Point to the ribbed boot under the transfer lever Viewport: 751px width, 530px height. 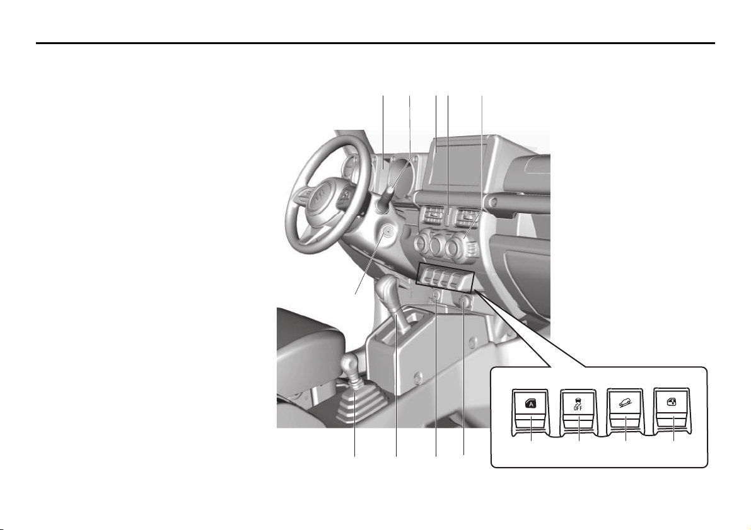[355, 407]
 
